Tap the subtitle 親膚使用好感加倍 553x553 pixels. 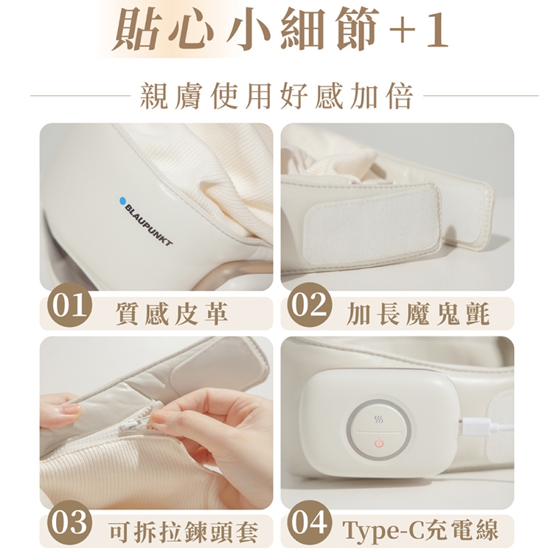(x=276, y=96)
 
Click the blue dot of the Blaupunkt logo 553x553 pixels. (x=123, y=201)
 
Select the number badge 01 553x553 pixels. (x=69, y=305)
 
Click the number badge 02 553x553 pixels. (x=310, y=305)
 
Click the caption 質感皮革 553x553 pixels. (x=171, y=313)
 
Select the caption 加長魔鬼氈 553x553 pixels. (x=418, y=313)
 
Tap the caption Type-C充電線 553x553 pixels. (x=421, y=530)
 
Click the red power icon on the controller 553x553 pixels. (x=379, y=443)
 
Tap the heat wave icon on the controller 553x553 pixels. (x=379, y=420)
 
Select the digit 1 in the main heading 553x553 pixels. (x=437, y=31)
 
